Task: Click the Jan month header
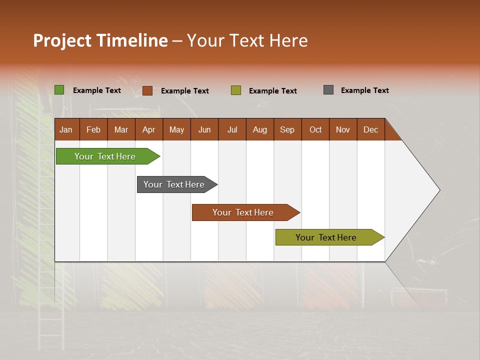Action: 66,129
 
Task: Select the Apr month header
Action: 149,129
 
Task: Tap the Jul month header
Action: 232,129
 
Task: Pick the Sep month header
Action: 287,129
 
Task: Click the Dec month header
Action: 371,129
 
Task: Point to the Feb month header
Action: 93,129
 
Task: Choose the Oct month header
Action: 315,129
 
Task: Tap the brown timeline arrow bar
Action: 243,212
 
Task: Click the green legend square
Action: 59,90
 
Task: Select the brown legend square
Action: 147,90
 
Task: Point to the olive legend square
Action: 236,90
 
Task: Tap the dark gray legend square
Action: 328,90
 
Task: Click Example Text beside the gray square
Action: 364,90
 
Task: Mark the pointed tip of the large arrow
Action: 438,190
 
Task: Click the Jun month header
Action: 204,129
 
